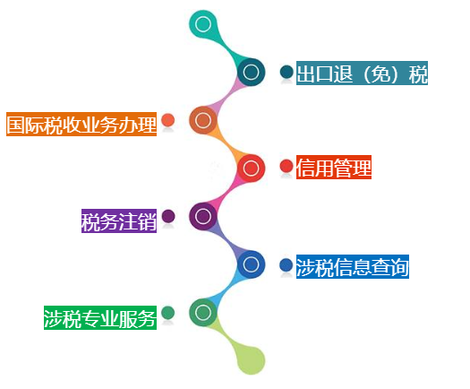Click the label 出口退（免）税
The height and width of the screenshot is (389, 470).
tap(362, 73)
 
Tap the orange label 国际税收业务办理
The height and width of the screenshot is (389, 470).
tap(81, 124)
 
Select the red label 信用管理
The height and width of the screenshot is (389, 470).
tap(334, 168)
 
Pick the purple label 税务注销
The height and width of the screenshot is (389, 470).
tap(119, 220)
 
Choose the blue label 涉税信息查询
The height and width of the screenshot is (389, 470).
tap(353, 266)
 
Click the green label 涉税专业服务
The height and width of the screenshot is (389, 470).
tap(100, 317)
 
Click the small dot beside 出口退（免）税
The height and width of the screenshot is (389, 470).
tap(286, 72)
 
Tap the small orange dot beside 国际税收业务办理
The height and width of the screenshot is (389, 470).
tap(168, 120)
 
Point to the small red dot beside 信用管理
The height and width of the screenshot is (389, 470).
tap(286, 166)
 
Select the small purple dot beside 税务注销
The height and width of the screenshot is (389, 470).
tap(168, 216)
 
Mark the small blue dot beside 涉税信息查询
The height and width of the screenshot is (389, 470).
tap(286, 265)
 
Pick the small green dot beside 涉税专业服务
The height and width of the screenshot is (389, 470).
tap(168, 313)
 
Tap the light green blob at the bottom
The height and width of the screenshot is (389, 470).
tap(252, 360)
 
